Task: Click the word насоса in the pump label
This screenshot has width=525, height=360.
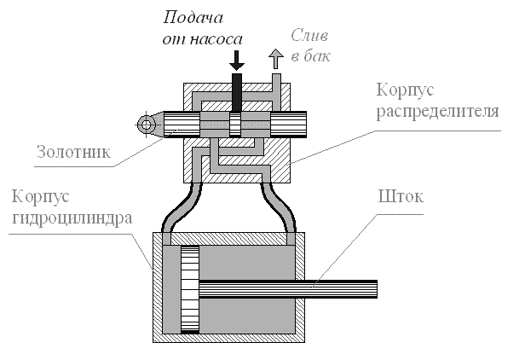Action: click(221, 39)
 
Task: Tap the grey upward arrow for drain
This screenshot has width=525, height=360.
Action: click(274, 59)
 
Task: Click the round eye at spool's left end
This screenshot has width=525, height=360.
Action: click(147, 125)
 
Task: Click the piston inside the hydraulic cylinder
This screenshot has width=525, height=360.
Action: click(190, 291)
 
